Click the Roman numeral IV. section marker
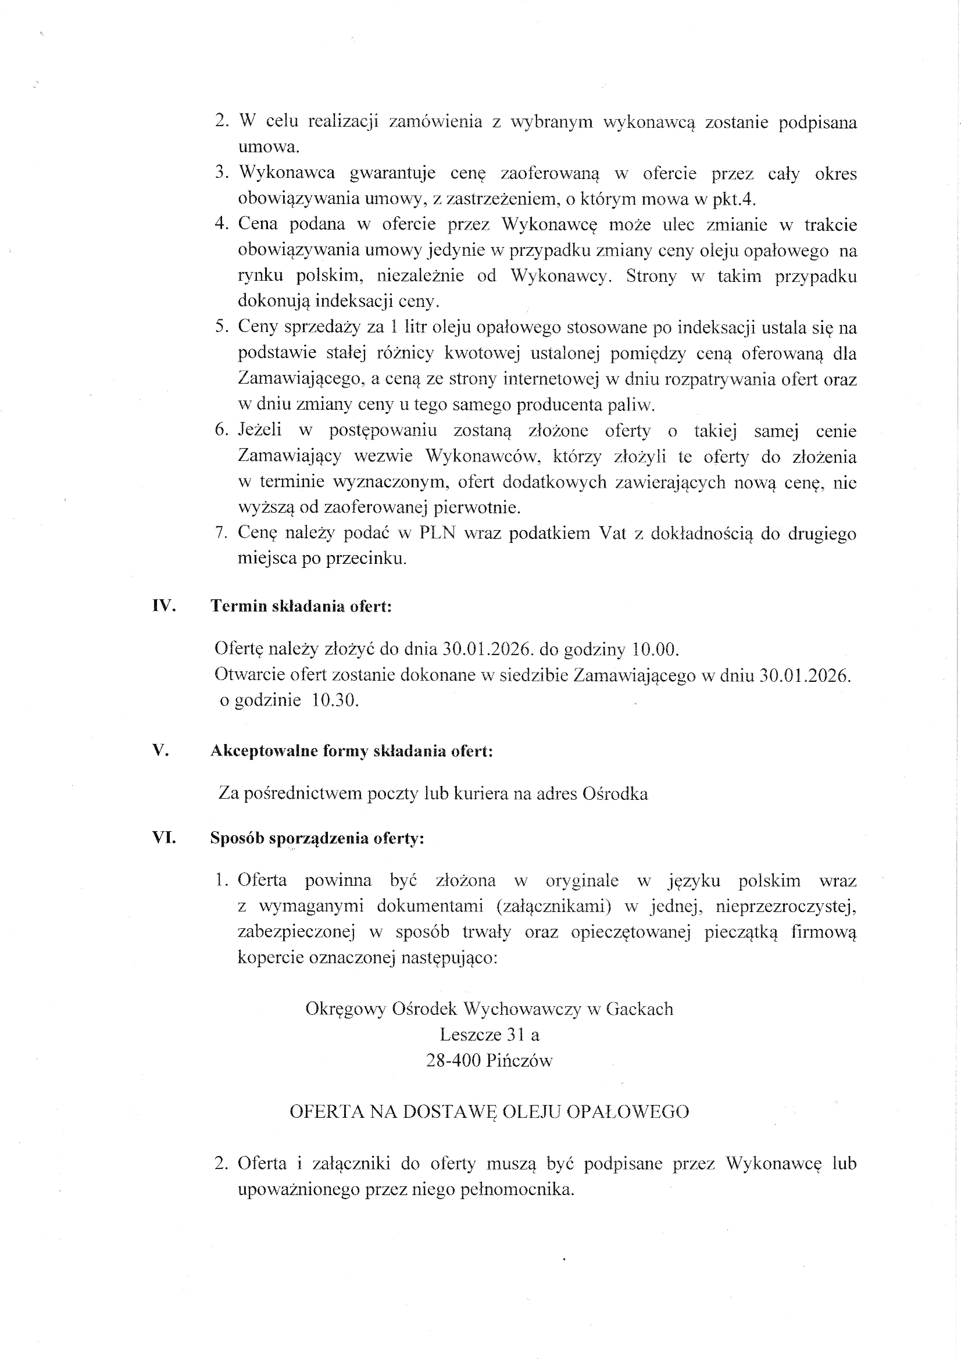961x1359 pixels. point(164,606)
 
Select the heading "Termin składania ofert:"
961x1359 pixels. point(301,607)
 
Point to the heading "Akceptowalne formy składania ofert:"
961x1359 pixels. point(352,751)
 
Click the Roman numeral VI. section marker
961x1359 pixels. point(164,838)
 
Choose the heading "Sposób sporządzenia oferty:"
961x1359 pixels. point(317,839)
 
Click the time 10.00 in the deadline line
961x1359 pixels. point(653,649)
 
